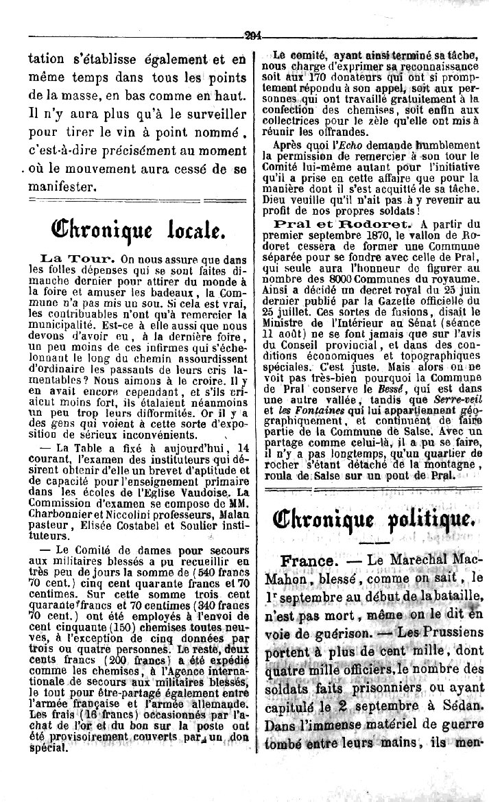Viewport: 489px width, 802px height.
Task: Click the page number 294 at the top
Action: tap(253, 38)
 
